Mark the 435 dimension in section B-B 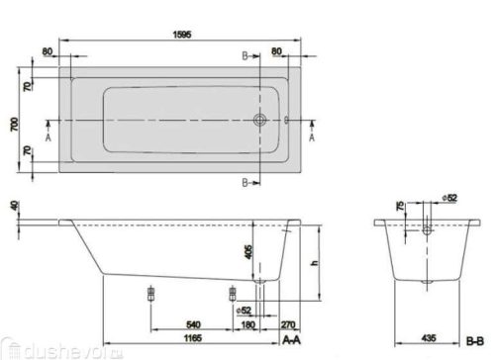427,339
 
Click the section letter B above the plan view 242,57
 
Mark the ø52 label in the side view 244,310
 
